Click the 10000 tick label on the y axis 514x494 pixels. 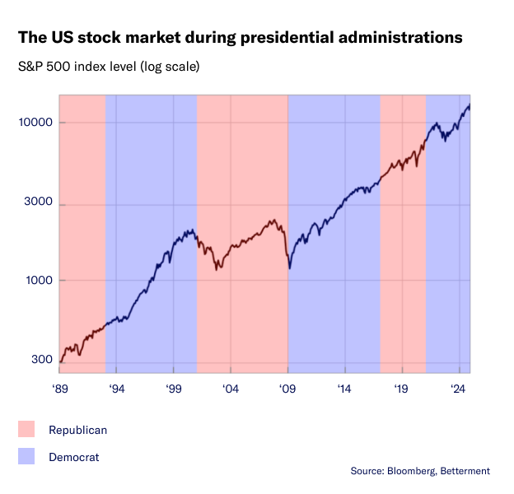click(36, 123)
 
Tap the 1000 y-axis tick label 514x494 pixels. click(39, 281)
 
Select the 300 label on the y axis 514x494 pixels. click(42, 360)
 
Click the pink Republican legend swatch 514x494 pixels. click(26, 429)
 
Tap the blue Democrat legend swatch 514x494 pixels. click(26, 456)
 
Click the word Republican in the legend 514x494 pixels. click(77, 430)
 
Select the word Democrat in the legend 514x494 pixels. click(73, 457)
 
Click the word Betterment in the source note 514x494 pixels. click(465, 471)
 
